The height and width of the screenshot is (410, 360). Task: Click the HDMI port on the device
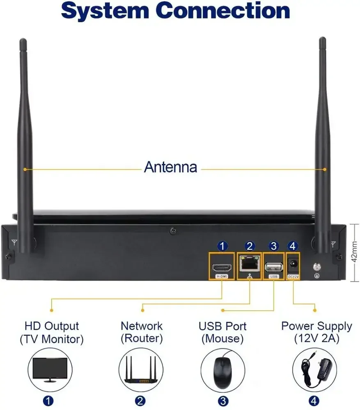[x=222, y=267]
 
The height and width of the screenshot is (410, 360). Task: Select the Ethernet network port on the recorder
[x=250, y=264]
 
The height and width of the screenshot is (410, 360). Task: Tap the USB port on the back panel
[x=274, y=267]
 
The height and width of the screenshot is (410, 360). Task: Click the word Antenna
[x=170, y=167]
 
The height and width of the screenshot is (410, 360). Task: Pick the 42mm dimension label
[x=354, y=252]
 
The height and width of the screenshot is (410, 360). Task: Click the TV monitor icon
[x=50, y=370]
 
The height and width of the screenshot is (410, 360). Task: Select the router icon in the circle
[x=141, y=370]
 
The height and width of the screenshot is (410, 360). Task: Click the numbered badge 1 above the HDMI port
[x=222, y=246]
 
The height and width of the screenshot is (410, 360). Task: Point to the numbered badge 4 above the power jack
[x=292, y=246]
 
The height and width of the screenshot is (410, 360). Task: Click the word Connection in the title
[x=223, y=11]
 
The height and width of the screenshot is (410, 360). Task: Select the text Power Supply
[x=316, y=326]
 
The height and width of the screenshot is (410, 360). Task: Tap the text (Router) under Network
[x=142, y=338]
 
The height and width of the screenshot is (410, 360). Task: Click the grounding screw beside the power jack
[x=317, y=267]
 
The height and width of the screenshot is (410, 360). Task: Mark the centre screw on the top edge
[x=173, y=231]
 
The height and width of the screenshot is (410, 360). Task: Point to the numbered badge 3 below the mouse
[x=223, y=401]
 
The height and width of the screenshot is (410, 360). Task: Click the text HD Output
[x=52, y=326]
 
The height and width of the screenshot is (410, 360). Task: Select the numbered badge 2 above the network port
[x=250, y=246]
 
